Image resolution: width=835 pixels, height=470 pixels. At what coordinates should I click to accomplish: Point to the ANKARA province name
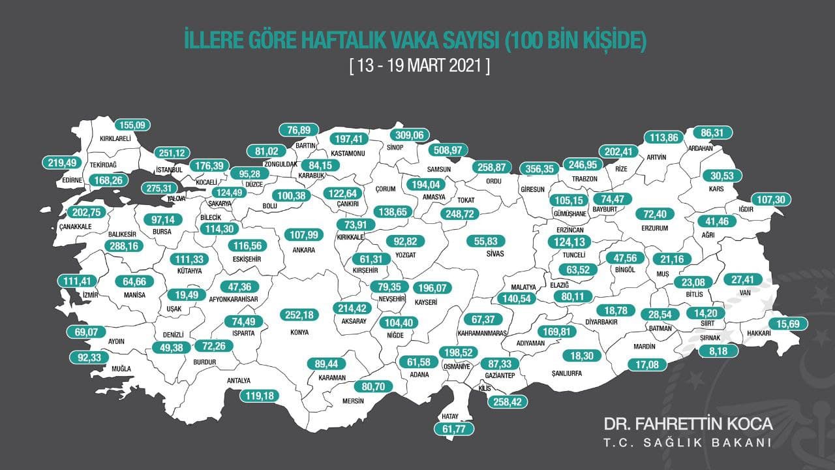click(304, 250)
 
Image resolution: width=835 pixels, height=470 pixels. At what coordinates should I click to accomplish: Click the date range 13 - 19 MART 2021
click(419, 67)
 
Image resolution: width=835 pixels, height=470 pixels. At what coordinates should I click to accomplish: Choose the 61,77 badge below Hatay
click(453, 429)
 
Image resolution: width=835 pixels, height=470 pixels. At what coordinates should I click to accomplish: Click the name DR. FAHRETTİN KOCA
click(688, 424)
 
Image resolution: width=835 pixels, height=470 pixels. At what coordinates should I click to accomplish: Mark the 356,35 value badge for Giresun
click(540, 168)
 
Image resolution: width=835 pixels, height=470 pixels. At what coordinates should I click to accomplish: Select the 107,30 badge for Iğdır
click(772, 199)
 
